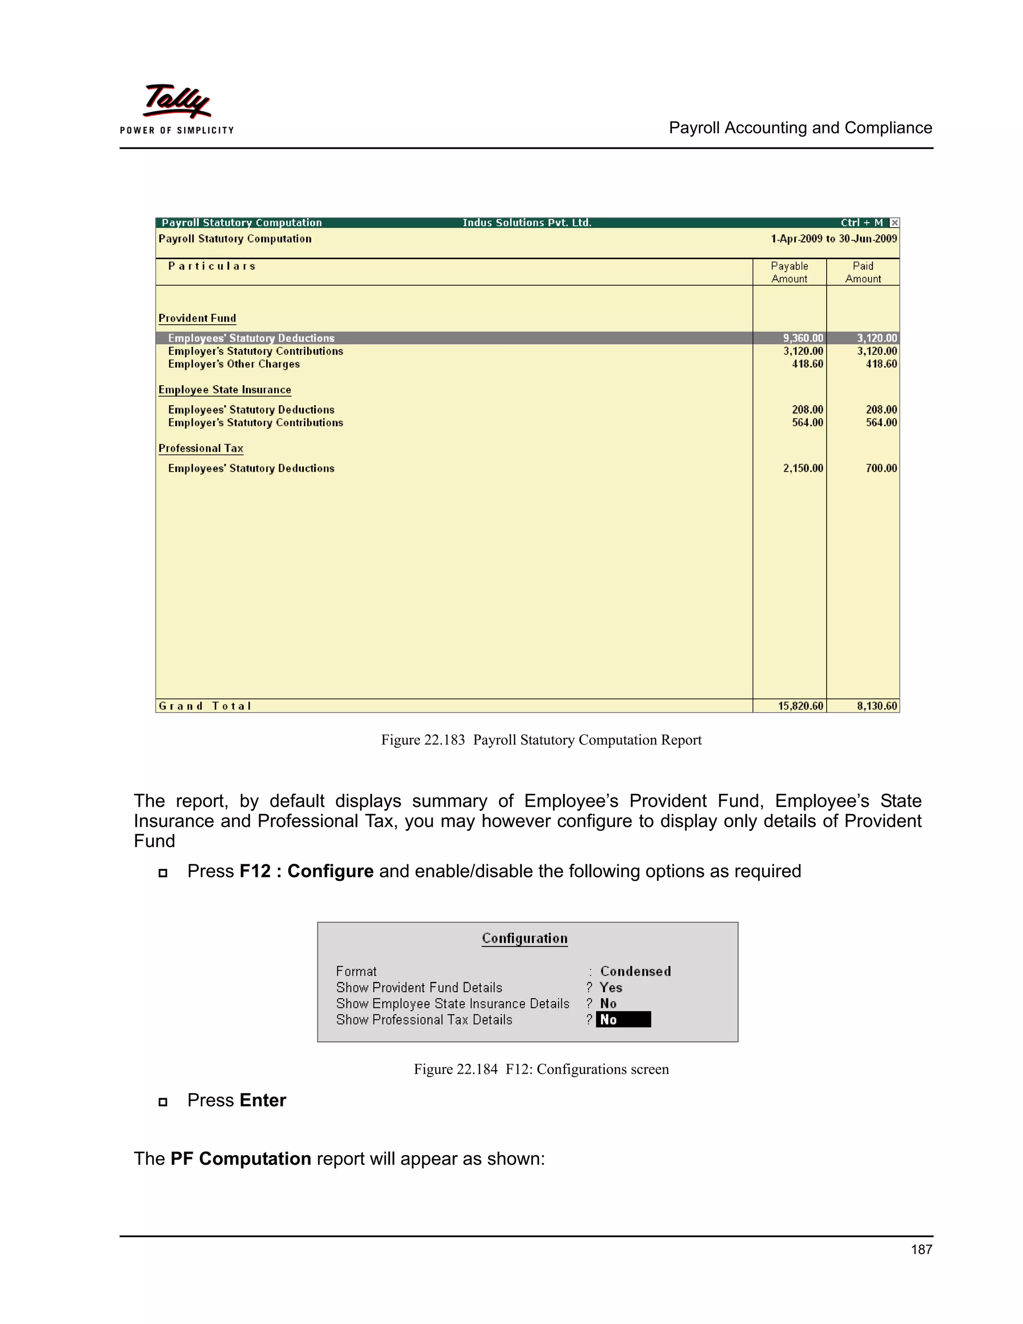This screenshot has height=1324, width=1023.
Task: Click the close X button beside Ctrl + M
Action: tap(894, 222)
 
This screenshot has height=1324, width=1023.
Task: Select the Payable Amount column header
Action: tap(789, 272)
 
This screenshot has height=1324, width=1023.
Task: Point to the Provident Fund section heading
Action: tap(197, 318)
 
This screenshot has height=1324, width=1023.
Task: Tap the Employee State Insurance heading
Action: tap(224, 390)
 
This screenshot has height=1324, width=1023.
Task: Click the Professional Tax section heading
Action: tap(201, 449)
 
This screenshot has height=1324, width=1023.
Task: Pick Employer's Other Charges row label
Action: tap(233, 364)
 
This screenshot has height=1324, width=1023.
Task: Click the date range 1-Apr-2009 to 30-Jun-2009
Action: tap(833, 239)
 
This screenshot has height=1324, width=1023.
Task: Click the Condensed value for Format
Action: tap(635, 971)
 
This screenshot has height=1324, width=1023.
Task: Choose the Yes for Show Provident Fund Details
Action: tap(610, 988)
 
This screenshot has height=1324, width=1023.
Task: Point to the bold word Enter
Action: tap(262, 1100)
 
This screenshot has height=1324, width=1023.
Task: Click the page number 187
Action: tap(921, 1250)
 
